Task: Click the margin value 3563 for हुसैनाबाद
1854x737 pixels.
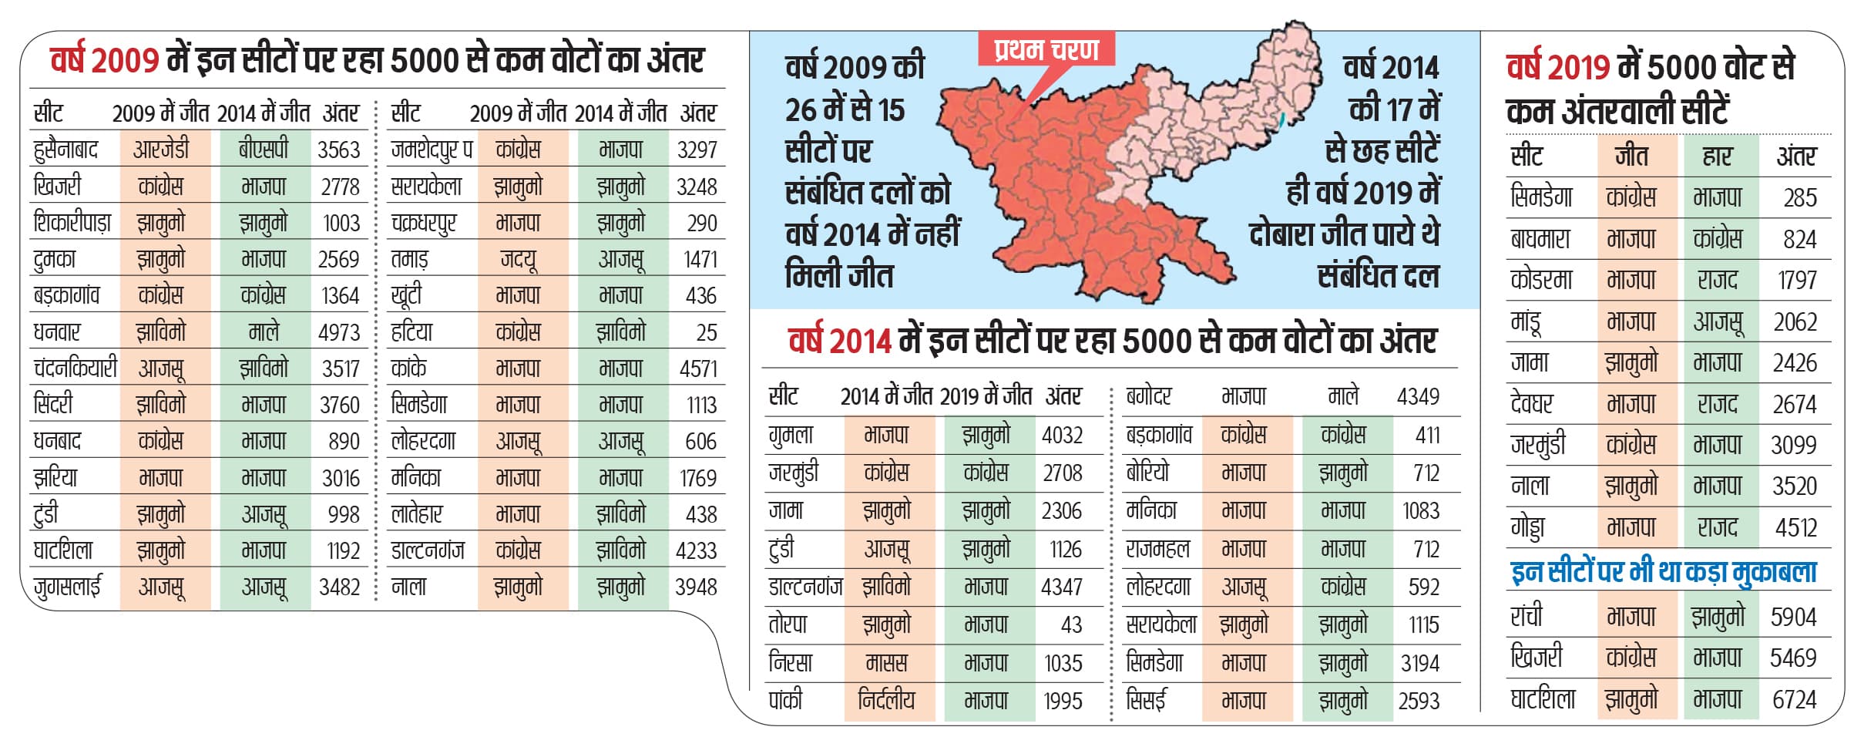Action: (338, 150)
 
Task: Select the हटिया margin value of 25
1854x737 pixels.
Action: (706, 332)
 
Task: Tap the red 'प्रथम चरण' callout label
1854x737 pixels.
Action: (1046, 50)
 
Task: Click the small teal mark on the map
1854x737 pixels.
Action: (1281, 119)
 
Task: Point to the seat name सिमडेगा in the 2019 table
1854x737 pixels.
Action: (1541, 197)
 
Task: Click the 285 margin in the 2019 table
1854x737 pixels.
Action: (1799, 198)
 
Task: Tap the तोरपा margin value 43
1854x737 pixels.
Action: (1070, 624)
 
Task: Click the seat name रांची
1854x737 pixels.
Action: (1527, 617)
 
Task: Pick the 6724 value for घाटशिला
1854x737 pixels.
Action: (1794, 699)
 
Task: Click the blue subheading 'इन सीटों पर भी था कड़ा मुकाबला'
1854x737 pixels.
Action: (1664, 572)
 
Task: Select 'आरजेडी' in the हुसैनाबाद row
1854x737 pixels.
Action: (161, 150)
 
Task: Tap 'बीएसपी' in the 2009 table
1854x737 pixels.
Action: (264, 150)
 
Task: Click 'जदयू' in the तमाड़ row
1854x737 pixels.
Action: (519, 260)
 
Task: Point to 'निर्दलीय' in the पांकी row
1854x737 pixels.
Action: (886, 700)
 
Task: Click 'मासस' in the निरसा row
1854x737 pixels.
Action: (886, 662)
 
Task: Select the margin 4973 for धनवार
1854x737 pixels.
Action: (338, 332)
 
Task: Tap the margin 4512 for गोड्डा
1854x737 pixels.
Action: (1795, 527)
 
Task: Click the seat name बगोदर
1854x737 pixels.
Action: (1149, 396)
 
